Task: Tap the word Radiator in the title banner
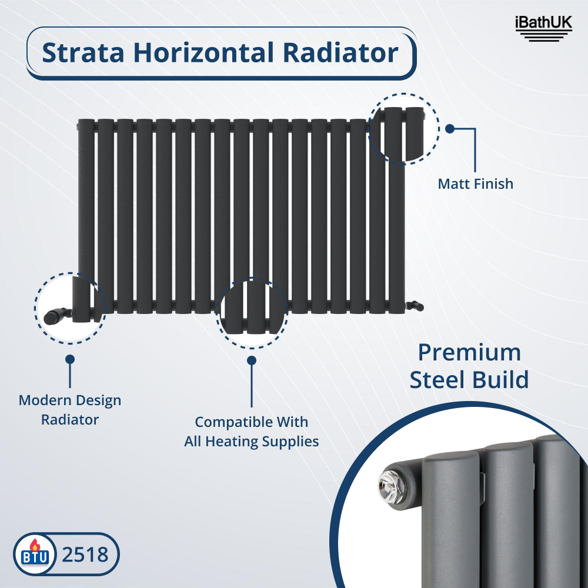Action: coord(341,53)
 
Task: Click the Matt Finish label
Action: coord(475,184)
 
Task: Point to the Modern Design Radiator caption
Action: coord(70,410)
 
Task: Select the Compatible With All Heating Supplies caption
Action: coord(251,432)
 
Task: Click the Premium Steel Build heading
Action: coord(469,366)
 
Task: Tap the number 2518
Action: coord(85,554)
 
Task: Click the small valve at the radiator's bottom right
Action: coord(415,305)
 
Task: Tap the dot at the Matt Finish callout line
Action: coord(450,129)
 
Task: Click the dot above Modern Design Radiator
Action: coord(70,359)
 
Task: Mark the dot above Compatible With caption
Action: coord(252,360)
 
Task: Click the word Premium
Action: coord(469,353)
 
